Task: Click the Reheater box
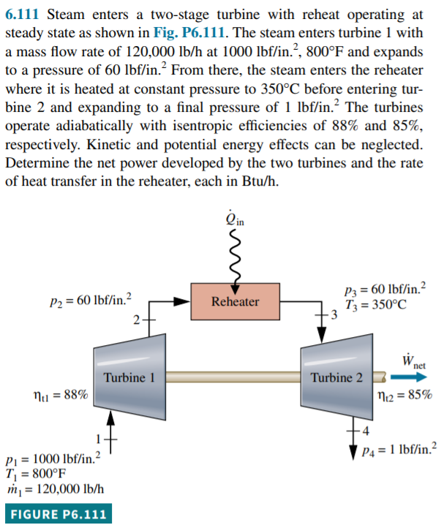click(x=235, y=301)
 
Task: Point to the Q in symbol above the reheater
click(x=236, y=219)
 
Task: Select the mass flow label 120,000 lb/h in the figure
click(x=56, y=488)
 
